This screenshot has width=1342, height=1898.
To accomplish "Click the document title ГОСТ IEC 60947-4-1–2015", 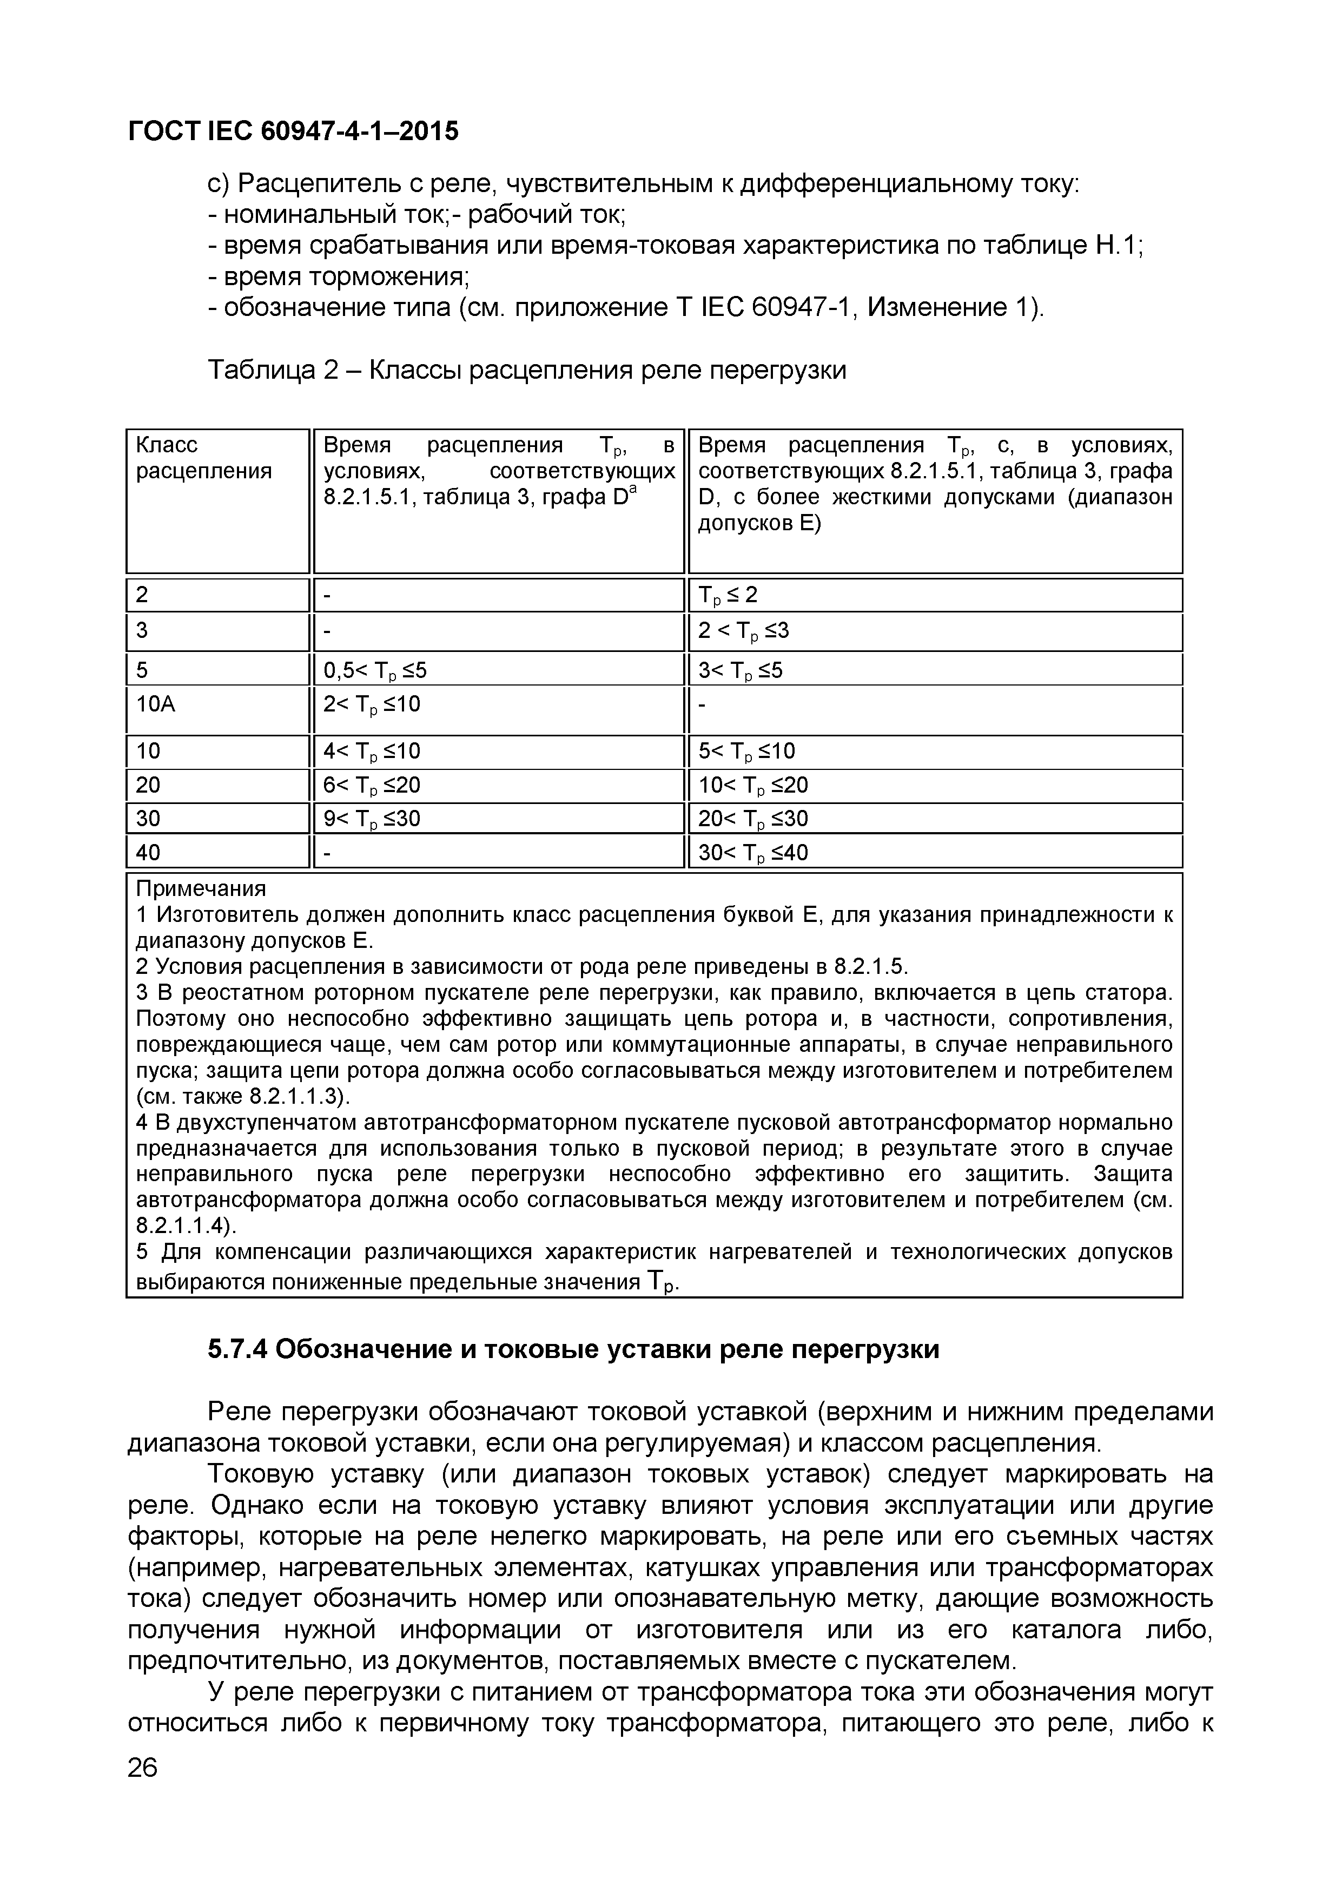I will [293, 131].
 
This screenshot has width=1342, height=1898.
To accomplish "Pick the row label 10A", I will [156, 704].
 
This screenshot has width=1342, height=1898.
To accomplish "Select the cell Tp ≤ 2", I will [728, 595].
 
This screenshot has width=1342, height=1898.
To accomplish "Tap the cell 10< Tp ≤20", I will [753, 785].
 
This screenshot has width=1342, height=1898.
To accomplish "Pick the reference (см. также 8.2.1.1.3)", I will [243, 1096].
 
